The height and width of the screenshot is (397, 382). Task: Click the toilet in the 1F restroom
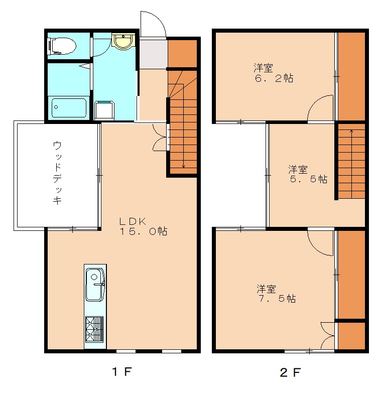coord(62,46)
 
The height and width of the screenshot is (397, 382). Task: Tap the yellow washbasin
coord(123,41)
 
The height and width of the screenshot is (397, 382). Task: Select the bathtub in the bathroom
coord(69,108)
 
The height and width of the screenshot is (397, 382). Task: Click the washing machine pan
coord(104,110)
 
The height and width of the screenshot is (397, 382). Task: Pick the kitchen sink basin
coord(95,285)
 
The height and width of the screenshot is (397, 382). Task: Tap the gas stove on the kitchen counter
coord(94,329)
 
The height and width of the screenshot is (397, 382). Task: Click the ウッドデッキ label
coord(57,173)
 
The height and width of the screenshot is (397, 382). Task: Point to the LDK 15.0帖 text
coord(143,226)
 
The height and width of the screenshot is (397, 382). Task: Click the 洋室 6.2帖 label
coord(274,73)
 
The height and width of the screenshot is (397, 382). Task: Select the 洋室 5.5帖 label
coord(308,174)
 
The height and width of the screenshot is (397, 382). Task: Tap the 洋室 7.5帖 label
coord(276,294)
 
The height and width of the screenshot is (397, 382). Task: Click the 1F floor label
coord(122,372)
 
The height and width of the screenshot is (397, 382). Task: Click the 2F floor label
coord(291,372)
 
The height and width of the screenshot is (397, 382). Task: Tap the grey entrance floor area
coord(154,54)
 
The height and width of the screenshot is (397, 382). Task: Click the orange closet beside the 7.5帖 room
coord(351,275)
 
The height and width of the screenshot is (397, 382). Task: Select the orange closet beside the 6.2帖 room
coord(351,76)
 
